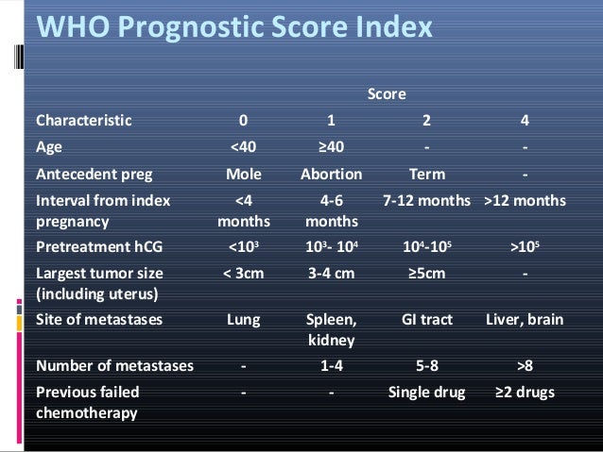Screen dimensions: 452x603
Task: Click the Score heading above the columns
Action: click(386, 93)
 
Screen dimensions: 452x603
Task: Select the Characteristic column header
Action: click(84, 121)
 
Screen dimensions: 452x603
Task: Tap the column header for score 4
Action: click(525, 121)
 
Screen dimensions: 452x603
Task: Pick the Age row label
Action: click(49, 147)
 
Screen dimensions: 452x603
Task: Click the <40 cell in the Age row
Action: click(244, 147)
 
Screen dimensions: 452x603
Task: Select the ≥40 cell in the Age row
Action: click(330, 147)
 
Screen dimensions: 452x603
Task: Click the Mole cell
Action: click(244, 175)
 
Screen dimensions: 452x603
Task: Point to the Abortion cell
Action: click(331, 175)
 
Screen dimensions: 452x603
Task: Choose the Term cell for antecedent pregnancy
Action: click(426, 175)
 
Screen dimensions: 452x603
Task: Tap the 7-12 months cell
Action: click(427, 202)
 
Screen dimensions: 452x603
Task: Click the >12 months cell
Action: click(525, 202)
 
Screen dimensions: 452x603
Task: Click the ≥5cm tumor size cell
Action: click(426, 274)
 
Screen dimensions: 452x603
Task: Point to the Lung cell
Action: click(244, 320)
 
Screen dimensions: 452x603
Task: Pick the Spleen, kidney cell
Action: click(331, 328)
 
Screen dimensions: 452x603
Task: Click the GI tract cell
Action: click(426, 320)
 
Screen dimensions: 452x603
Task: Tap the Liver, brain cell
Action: click(525, 320)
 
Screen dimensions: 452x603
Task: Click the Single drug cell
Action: click(427, 392)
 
